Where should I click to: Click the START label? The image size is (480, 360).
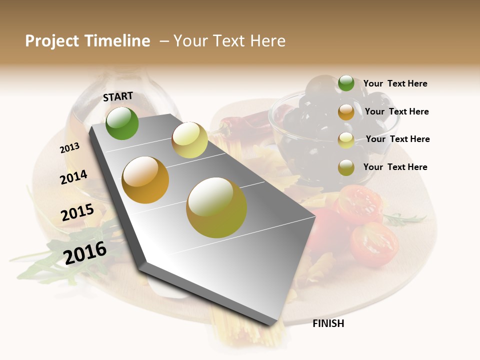pos(118,96)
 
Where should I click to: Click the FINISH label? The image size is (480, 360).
pos(328,323)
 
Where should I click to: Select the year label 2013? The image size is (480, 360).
pos(69,148)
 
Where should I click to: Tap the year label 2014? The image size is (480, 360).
pos(73,177)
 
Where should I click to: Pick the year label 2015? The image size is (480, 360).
pos(77,213)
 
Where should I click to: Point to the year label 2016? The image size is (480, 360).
pos(85,253)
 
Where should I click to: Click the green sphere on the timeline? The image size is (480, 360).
pos(122,123)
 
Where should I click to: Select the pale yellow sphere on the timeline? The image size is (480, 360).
pos(189,140)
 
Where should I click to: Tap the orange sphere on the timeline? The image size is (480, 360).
pos(145,180)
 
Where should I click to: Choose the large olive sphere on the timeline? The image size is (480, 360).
pos(216,207)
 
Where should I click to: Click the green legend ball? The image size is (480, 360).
pos(346,83)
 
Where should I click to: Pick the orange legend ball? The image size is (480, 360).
pos(346,112)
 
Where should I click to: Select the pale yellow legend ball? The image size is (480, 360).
pos(346,140)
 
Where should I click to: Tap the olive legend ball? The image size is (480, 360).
pos(346,167)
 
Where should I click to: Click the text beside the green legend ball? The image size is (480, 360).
pos(395,83)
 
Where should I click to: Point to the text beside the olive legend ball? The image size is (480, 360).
pos(395,167)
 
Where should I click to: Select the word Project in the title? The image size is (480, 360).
pos(52,41)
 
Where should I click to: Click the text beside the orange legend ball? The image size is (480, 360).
pos(396,111)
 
